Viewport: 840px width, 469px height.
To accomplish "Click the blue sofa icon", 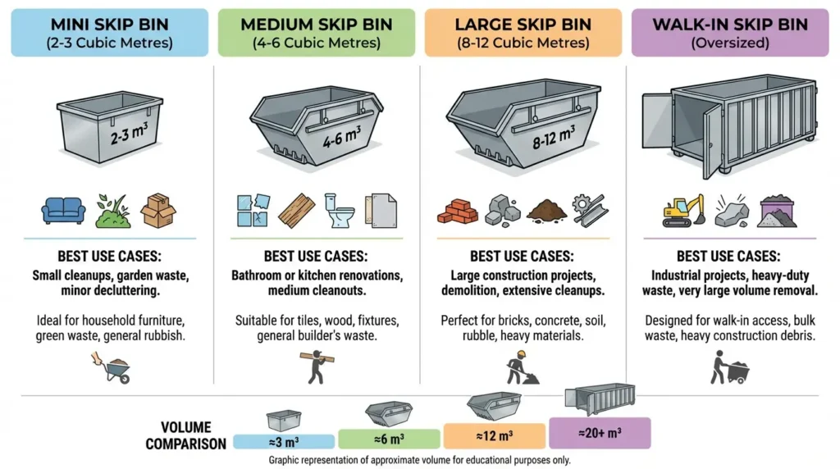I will [x=63, y=212].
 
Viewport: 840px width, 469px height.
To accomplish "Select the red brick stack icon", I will [x=458, y=212].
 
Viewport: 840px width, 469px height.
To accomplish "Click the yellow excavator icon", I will [x=683, y=210].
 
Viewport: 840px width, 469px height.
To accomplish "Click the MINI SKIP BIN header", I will [x=109, y=33].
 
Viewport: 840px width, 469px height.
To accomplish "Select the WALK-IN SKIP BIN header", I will [x=729, y=33].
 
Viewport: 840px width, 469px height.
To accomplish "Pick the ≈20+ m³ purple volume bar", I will [x=599, y=432].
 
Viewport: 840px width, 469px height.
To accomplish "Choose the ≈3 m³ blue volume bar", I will [x=283, y=441].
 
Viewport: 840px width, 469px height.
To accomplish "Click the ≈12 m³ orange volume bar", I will [x=494, y=435].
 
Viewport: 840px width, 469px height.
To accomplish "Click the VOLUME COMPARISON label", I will [x=185, y=435].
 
